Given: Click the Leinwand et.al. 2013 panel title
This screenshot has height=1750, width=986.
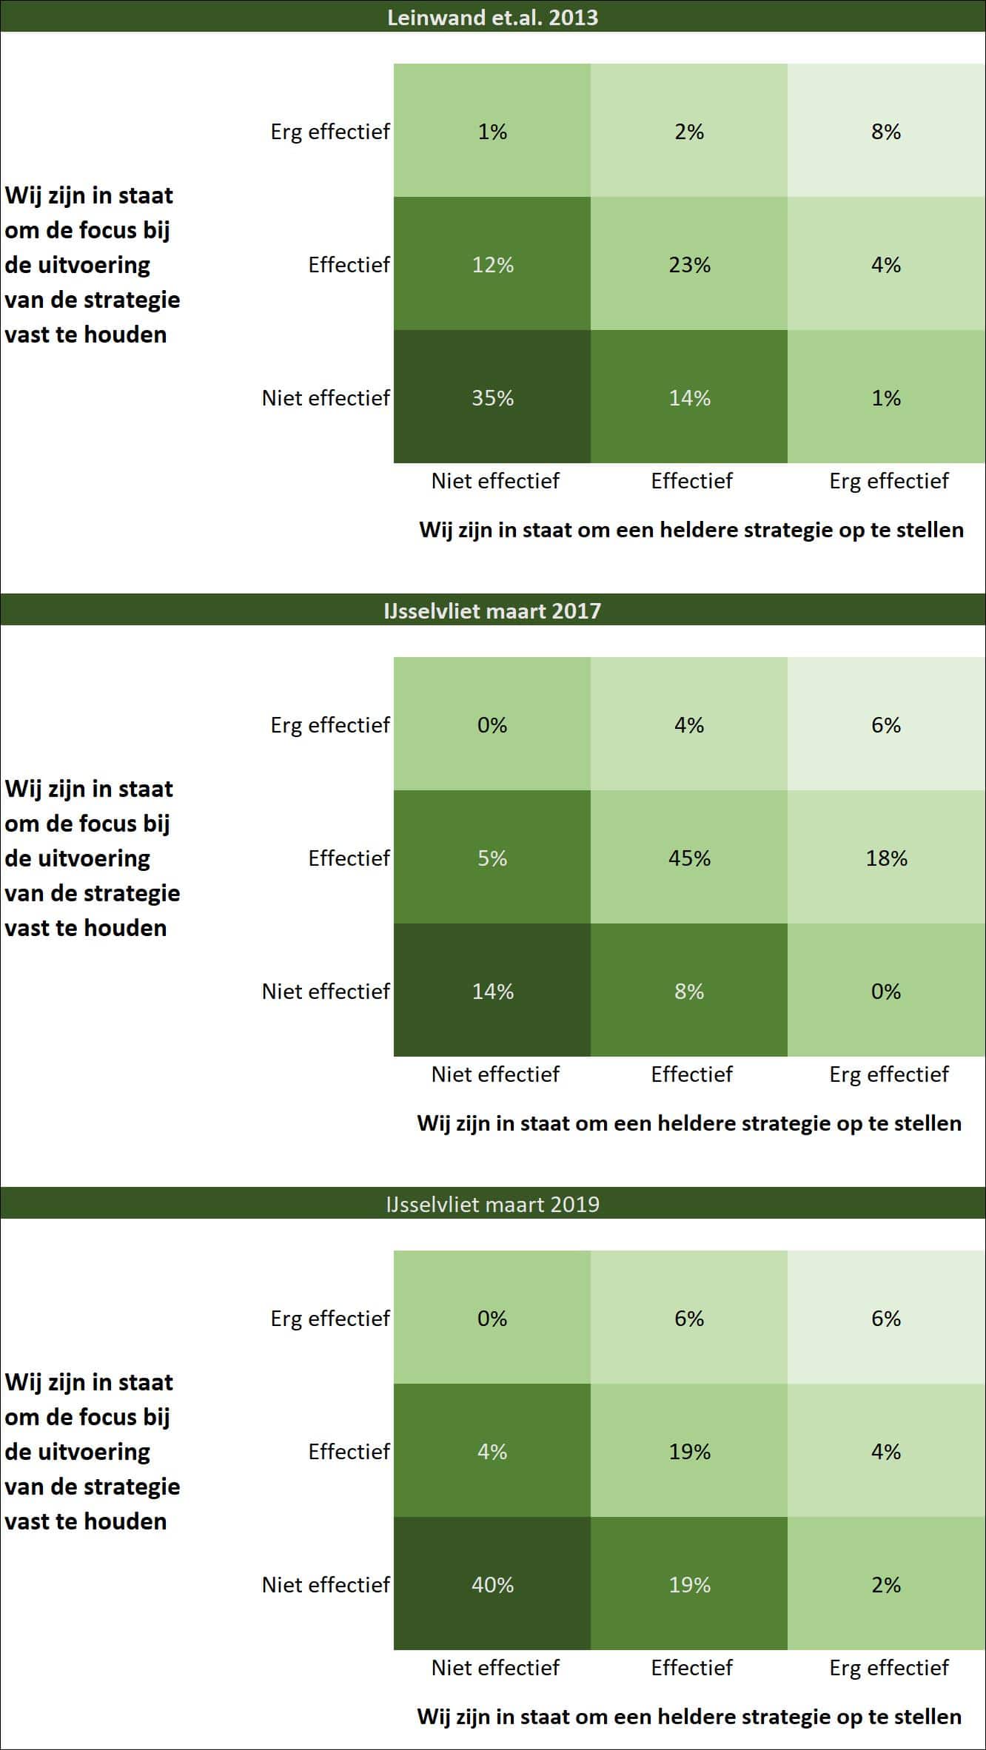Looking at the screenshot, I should (x=492, y=17).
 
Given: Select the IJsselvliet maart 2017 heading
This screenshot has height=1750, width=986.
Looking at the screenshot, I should (x=492, y=610).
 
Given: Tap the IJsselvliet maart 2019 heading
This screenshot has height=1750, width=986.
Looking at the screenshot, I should (x=492, y=1204).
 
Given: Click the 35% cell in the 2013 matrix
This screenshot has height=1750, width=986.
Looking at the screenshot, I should (x=492, y=397).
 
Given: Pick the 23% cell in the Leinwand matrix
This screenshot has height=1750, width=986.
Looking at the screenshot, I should (x=689, y=264).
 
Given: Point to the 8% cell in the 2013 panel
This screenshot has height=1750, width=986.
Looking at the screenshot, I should (x=886, y=131).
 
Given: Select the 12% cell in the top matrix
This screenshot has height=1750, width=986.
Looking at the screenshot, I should (x=492, y=264).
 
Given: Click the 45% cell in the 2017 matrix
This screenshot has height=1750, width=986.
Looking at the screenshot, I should (x=689, y=858).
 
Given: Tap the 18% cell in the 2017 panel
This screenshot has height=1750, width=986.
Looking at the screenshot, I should (x=886, y=858).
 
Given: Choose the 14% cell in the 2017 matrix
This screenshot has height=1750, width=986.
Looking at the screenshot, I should (x=492, y=991).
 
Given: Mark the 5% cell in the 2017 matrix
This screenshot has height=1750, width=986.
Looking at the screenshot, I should (x=492, y=858).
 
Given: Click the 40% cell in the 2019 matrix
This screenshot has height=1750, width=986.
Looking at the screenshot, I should (x=492, y=1584).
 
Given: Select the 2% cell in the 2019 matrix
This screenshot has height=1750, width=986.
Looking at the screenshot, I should (x=886, y=1584).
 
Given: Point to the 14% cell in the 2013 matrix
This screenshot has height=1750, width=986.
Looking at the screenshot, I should (x=689, y=397).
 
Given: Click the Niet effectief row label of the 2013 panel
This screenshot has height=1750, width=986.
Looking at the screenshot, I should (x=326, y=398).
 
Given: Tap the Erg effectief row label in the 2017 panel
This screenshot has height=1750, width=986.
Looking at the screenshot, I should (x=330, y=725).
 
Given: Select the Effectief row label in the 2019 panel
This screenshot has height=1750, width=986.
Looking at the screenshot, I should (x=349, y=1452).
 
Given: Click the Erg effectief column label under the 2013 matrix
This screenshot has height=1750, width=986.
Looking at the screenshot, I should (x=888, y=481).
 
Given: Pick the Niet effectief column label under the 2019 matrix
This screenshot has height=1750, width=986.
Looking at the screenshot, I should (x=495, y=1668).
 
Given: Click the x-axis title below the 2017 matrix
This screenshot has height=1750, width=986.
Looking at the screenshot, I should (x=689, y=1123).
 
